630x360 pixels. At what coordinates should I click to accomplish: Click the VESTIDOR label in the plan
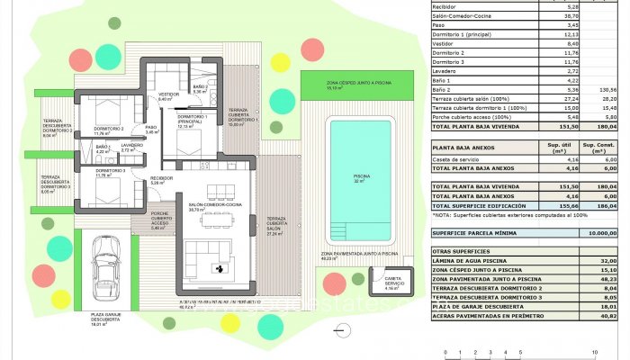coord(168,95)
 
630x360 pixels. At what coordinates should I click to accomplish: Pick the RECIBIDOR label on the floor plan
coord(161,179)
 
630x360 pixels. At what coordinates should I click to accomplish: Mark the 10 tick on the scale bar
coord(595,351)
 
